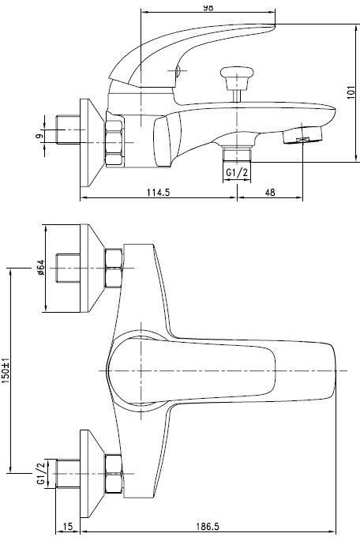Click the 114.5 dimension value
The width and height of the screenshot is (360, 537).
point(158,192)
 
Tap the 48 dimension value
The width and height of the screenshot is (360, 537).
point(270,192)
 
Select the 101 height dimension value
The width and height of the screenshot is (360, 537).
point(351,92)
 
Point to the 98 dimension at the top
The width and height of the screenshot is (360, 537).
point(208,8)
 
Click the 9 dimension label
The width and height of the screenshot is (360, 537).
point(39,136)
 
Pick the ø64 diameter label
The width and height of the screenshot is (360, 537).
point(40,268)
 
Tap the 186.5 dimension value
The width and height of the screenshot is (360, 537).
point(207,526)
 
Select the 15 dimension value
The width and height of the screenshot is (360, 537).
point(68,526)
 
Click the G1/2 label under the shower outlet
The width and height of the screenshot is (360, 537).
point(237,173)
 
